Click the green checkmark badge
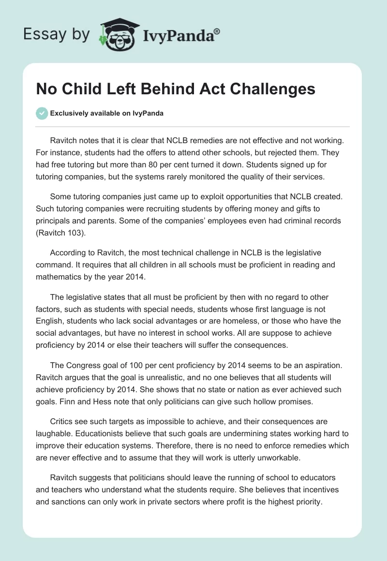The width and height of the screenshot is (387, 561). click(42, 113)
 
